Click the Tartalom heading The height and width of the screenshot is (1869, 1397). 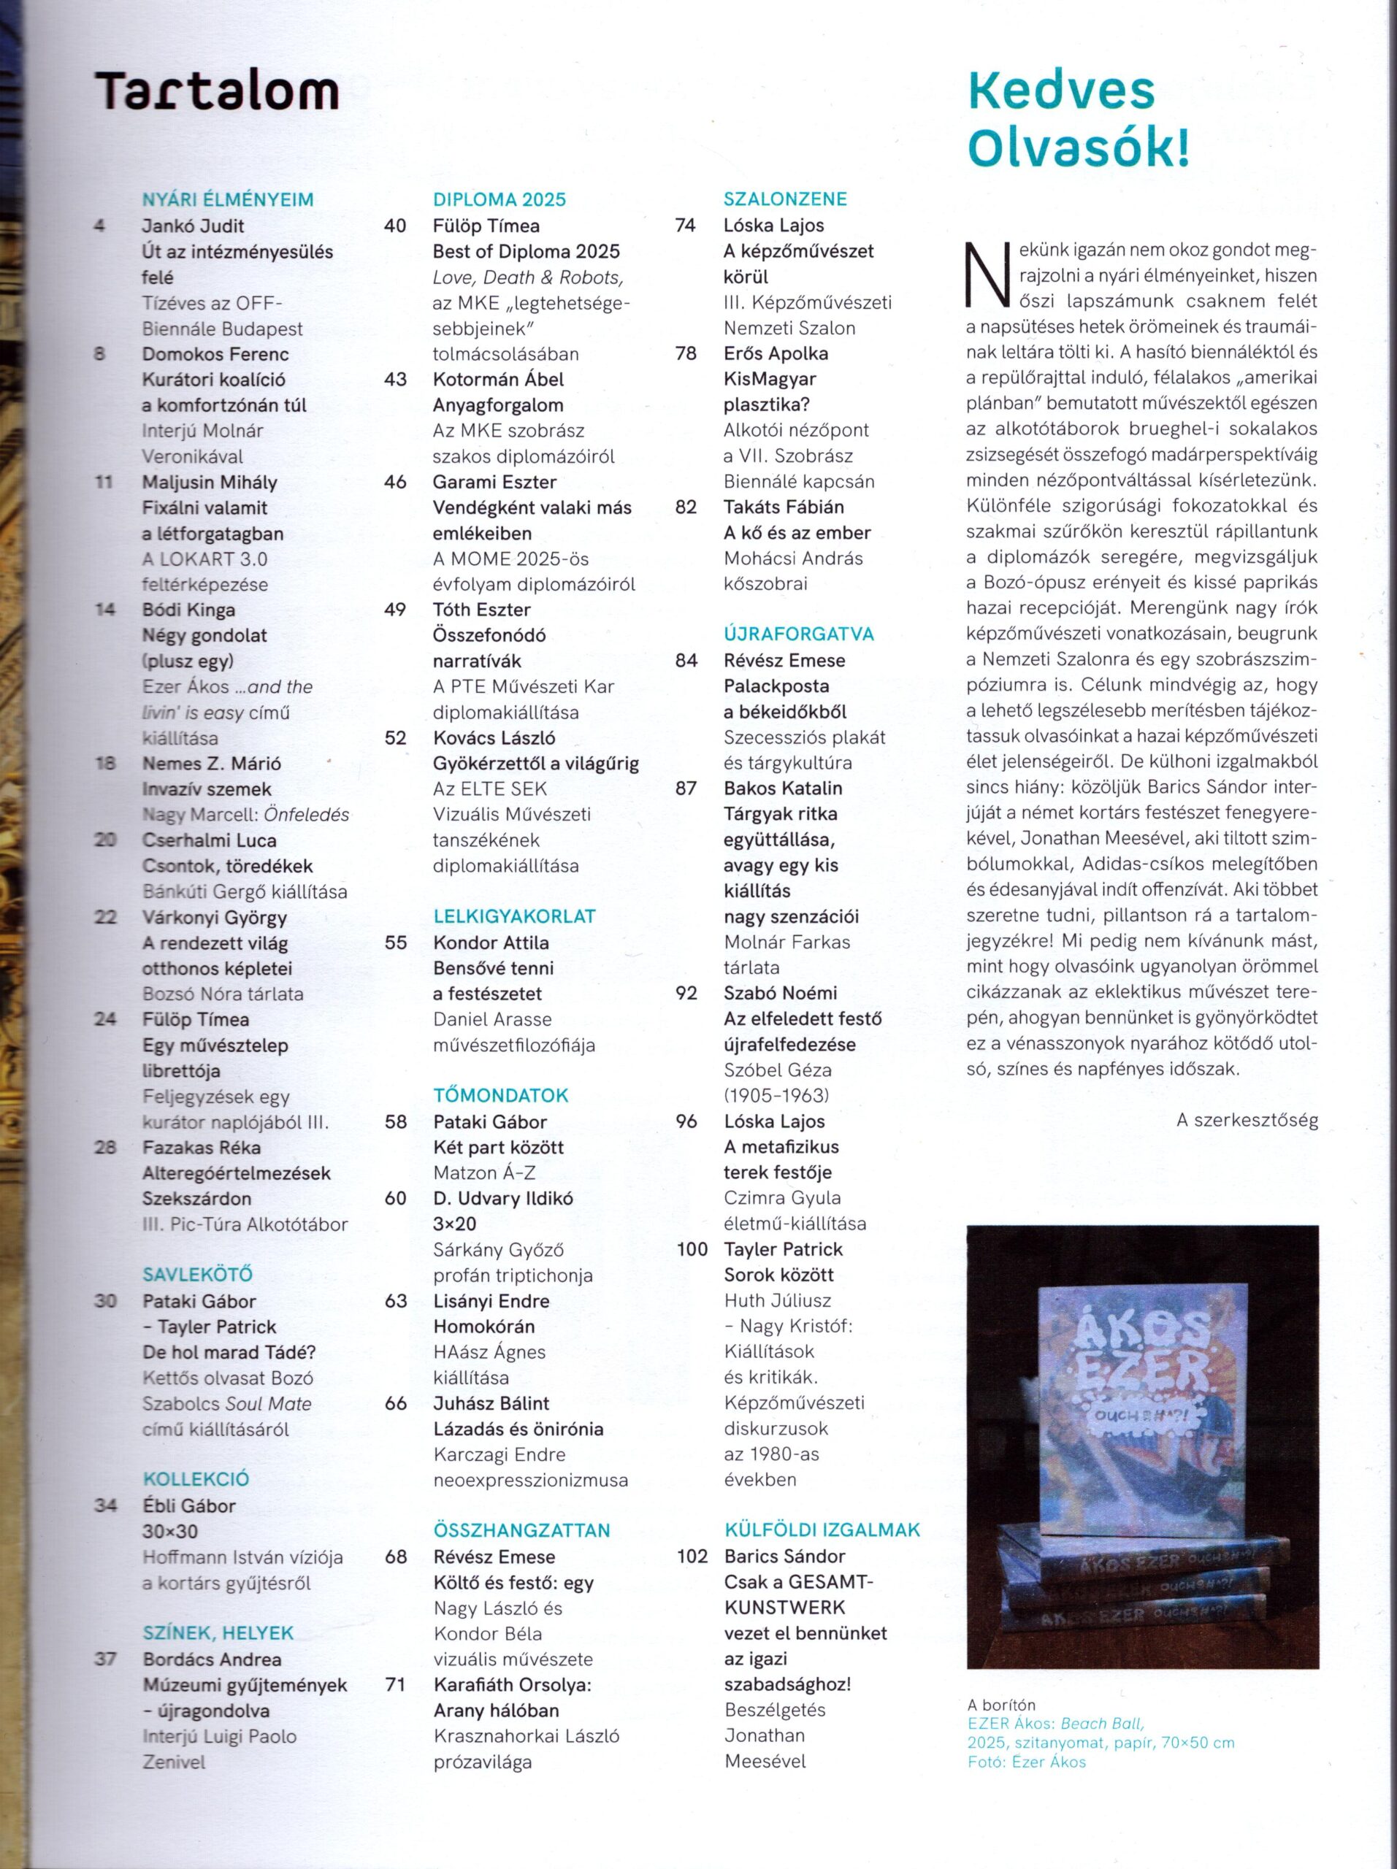(216, 91)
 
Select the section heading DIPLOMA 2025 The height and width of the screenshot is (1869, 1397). (500, 199)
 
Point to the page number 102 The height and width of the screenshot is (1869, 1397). (692, 1556)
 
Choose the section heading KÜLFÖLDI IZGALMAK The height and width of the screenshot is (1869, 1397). (822, 1530)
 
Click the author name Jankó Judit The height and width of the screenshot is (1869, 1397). (194, 226)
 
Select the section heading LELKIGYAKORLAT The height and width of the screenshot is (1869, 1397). (515, 916)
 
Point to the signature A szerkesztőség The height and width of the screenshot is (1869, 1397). (1247, 1121)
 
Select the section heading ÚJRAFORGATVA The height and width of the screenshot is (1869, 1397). (799, 634)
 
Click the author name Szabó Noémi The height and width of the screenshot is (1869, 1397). (780, 993)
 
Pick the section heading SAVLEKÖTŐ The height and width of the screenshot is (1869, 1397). (198, 1274)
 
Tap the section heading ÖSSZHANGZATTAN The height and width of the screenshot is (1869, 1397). (521, 1530)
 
